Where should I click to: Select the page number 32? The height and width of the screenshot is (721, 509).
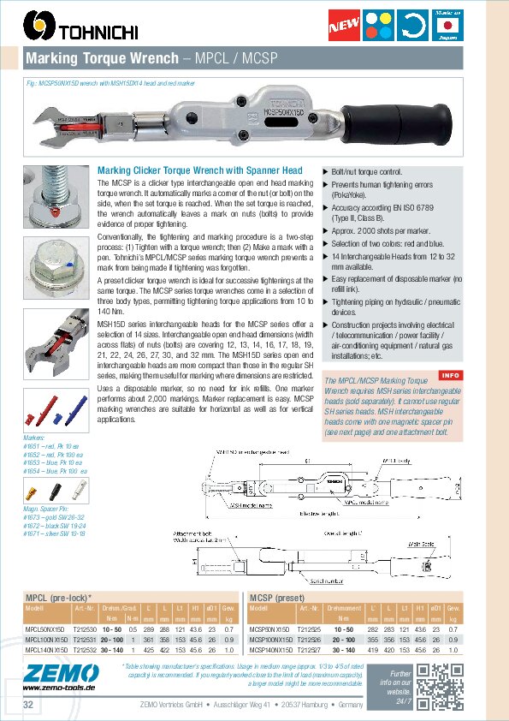28,705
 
